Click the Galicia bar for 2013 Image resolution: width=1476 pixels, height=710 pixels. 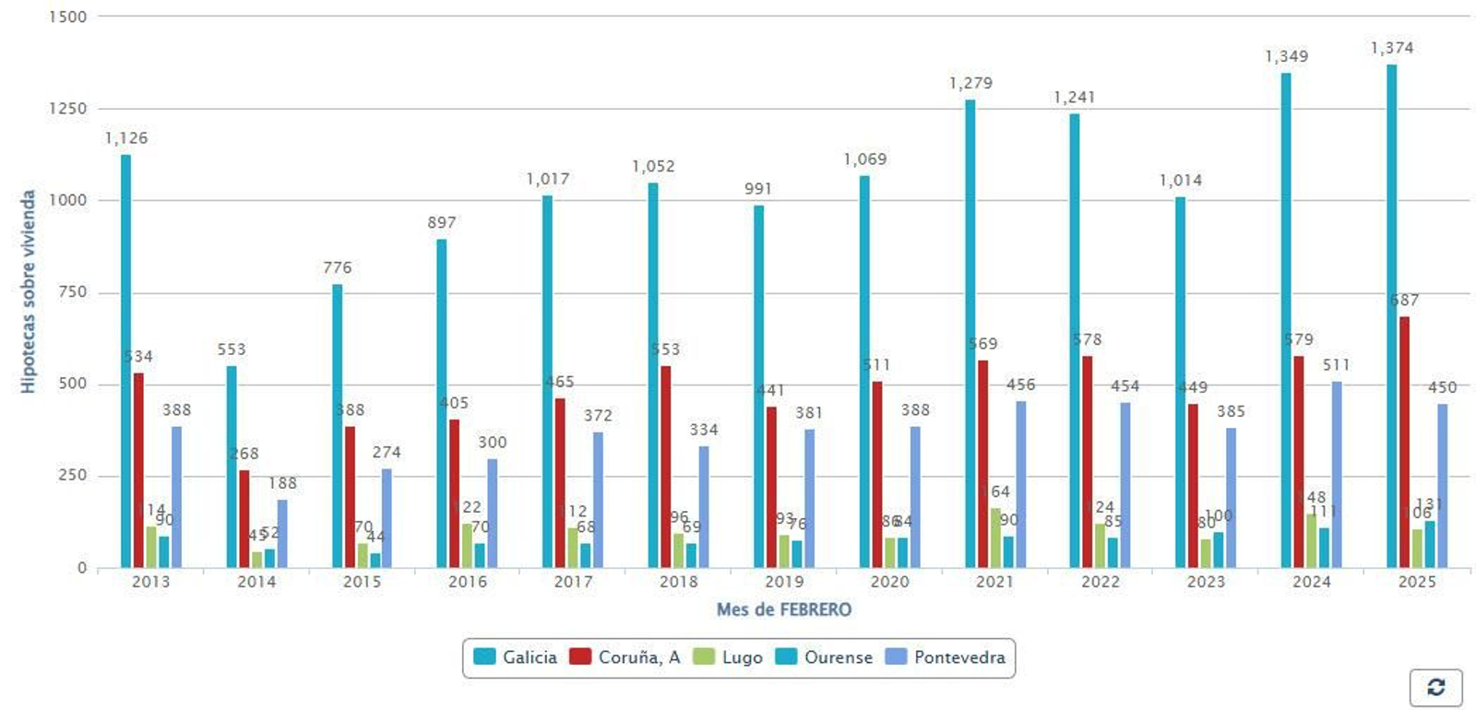click(125, 361)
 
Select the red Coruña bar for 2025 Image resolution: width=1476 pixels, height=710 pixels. click(1404, 443)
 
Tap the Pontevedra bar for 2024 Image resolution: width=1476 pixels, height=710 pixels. click(1337, 474)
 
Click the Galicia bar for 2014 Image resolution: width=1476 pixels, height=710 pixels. click(232, 467)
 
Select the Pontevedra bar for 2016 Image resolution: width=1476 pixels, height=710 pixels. click(493, 513)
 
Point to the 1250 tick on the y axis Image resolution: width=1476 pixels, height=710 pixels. click(67, 109)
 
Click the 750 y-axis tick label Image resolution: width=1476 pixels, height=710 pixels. click(72, 292)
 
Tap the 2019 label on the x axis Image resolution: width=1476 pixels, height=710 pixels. click(784, 582)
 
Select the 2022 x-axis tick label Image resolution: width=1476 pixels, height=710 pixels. click(1100, 582)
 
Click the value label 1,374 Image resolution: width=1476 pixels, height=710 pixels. click(1391, 48)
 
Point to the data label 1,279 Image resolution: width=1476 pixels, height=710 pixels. click(970, 83)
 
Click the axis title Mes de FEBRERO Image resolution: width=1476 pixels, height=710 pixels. click(784, 609)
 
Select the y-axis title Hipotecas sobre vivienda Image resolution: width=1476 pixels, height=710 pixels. click(29, 291)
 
